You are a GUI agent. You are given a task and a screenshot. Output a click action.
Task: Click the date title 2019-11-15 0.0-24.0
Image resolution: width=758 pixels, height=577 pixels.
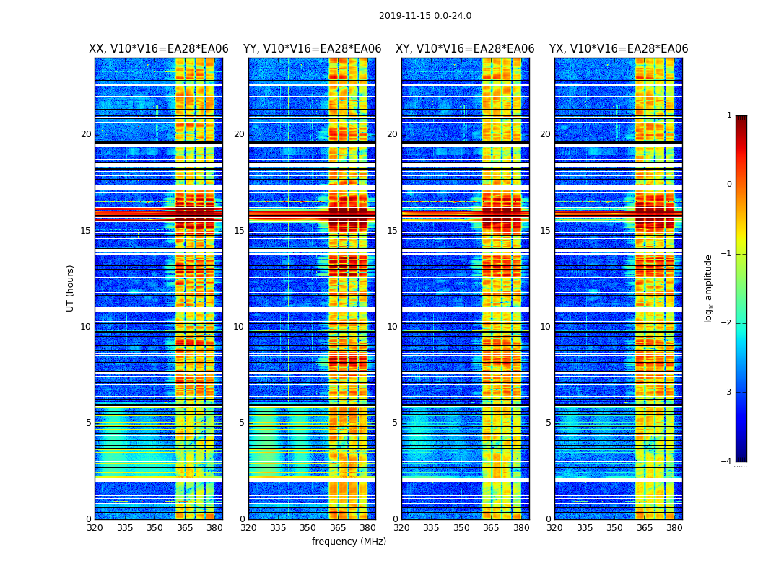point(425,16)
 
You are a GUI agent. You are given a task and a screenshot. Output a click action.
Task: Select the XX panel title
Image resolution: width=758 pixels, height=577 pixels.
point(159,49)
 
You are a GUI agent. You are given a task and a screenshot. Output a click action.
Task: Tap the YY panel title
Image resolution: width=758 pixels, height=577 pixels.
point(312,49)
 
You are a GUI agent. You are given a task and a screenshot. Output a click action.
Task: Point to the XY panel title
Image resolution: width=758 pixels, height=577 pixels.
point(465,49)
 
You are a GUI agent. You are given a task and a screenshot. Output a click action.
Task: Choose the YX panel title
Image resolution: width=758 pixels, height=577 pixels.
point(619,49)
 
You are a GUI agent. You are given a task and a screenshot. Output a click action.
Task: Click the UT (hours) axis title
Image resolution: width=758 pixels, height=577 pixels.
point(70,288)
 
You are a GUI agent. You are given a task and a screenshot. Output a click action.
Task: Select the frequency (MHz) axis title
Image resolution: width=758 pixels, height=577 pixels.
point(349,542)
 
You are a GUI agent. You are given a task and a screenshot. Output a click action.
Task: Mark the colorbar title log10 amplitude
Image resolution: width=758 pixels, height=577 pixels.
point(709,288)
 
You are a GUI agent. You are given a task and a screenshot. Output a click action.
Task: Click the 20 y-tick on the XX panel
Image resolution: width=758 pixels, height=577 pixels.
point(86,134)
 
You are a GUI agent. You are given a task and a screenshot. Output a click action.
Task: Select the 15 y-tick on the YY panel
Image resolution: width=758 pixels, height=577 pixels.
point(239,231)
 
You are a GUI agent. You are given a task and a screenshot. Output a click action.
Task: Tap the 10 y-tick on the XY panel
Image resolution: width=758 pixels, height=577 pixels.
point(392,327)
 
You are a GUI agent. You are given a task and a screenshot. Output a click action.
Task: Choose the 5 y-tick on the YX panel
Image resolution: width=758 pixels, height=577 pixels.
point(548,423)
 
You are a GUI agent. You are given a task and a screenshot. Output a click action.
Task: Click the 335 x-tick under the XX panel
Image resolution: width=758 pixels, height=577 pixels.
point(125,528)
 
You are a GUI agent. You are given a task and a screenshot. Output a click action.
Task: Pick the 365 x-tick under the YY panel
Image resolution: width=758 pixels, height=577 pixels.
point(338,528)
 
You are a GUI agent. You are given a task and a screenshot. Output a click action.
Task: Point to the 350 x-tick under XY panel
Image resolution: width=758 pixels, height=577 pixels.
point(461,528)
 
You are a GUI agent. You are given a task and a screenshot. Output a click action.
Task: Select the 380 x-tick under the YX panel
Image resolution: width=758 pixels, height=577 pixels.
point(674,528)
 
